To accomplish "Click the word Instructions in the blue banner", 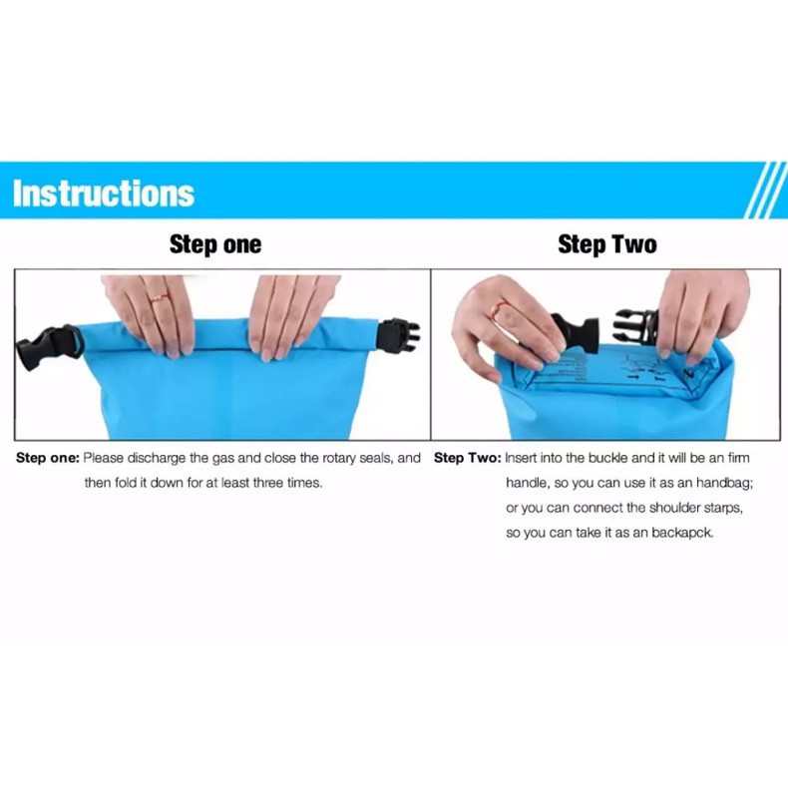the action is coord(104,193).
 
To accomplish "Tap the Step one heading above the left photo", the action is coord(215,244).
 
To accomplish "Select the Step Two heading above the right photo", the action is coord(607,244).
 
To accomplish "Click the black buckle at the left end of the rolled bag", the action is coord(49,347).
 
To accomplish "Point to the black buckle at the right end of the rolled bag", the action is coord(399,336).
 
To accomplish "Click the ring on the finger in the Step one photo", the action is coord(160,298).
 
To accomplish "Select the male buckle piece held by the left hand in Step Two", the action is coord(575,333).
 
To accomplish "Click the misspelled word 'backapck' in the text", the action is coord(682,533).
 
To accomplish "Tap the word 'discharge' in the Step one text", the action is coord(157,458).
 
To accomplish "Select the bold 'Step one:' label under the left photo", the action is coord(48,458).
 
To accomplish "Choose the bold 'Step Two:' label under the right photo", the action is coord(468,458).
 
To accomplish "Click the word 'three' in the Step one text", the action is coord(268,483).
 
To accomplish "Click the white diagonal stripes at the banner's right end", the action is coord(766,190).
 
